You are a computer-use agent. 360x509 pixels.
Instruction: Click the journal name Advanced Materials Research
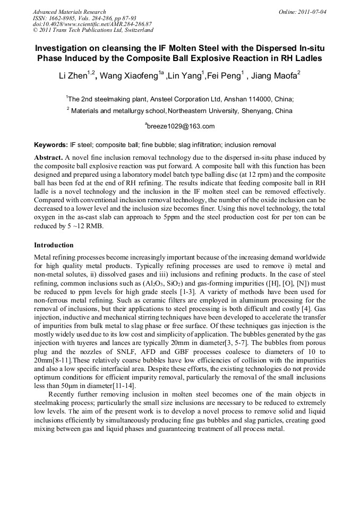coord(69,12)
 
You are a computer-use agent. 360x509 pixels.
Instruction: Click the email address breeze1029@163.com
coord(181,126)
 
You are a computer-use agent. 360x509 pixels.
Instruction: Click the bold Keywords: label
coord(50,145)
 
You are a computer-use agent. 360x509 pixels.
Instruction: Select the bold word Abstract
coord(49,158)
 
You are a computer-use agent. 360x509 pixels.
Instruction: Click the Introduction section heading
coord(54,245)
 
